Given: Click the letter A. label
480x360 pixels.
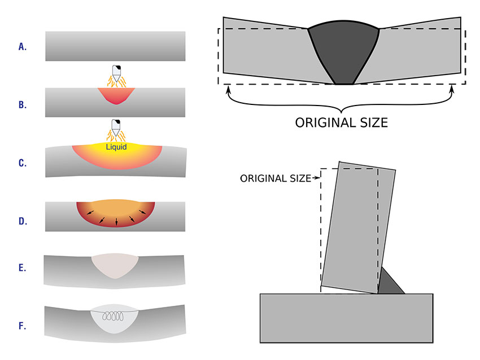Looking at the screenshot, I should (23, 46).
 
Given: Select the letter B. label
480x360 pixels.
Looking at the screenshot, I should (23, 104).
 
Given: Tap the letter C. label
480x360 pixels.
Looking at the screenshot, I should (23, 163).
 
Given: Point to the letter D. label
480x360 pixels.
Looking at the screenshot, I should (23, 221).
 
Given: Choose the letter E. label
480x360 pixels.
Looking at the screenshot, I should (23, 267).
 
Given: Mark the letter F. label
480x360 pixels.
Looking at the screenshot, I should (23, 326).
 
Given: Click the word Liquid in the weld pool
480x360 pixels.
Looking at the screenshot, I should (116, 147).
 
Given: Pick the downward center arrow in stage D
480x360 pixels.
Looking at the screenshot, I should (116, 222).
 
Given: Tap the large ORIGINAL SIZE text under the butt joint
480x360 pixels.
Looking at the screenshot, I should (342, 122).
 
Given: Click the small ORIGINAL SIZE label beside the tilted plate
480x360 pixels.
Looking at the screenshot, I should (275, 178).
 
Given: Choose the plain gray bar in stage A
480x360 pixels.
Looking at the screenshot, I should (115, 46).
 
